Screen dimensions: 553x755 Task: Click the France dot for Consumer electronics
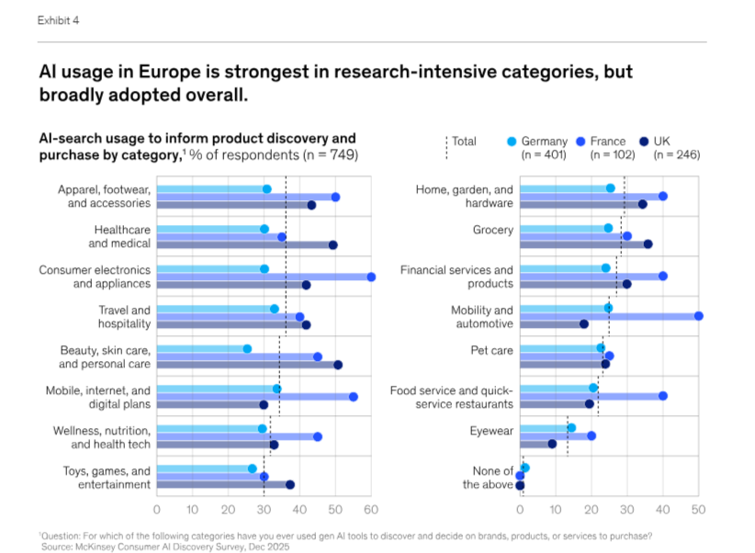click(x=371, y=276)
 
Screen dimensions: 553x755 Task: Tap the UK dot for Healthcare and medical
click(x=332, y=245)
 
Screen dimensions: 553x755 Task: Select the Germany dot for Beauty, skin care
click(x=247, y=349)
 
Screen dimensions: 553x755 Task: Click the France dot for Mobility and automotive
click(x=698, y=316)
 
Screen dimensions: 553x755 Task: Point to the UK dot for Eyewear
click(x=552, y=444)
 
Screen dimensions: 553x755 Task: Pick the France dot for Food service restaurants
click(x=662, y=396)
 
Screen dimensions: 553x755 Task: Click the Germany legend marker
click(x=512, y=141)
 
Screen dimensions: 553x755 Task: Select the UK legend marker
click(x=645, y=141)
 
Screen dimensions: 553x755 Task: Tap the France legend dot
click(x=581, y=141)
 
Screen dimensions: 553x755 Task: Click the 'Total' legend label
click(x=464, y=141)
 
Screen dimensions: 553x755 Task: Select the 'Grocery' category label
click(x=493, y=230)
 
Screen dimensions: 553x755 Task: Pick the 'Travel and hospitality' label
click(x=124, y=317)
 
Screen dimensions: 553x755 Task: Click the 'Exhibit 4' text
click(x=58, y=21)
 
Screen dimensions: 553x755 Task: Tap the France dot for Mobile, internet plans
click(x=353, y=397)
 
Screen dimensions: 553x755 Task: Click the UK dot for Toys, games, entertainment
click(x=290, y=484)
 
